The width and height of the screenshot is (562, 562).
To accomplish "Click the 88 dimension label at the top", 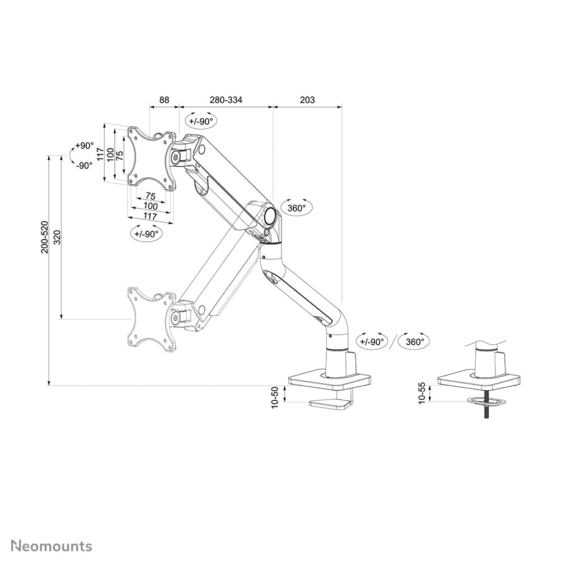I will tap(164, 100).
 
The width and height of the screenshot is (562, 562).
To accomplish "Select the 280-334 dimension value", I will tap(226, 100).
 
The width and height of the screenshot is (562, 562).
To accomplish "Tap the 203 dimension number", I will tap(307, 100).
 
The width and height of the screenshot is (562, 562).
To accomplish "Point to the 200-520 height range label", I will tap(45, 237).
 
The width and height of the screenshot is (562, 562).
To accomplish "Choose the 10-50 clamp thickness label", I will tap(275, 397).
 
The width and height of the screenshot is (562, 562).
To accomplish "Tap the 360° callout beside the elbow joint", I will tap(296, 208).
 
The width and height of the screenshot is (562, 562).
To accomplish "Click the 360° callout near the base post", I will tap(414, 341).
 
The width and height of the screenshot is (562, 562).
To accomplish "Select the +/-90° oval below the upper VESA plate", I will tap(147, 234).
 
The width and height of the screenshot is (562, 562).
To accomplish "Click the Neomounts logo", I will tap(51, 546).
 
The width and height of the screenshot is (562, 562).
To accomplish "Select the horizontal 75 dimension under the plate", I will tap(150, 196).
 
